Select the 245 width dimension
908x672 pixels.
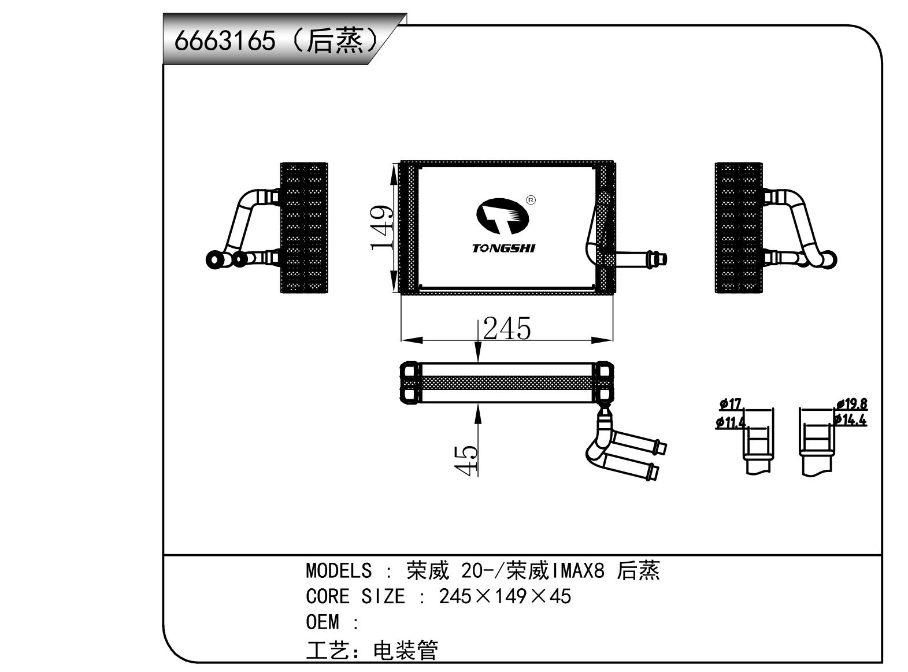click(507, 329)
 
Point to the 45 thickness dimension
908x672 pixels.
click(466, 460)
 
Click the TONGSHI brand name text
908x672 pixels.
click(503, 248)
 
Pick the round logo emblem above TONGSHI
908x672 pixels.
click(502, 216)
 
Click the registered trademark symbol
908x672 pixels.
click(531, 201)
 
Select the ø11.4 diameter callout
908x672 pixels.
click(731, 422)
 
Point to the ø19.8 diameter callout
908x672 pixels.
click(851, 404)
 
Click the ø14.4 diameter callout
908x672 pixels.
click(850, 420)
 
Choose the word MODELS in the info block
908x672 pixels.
click(339, 571)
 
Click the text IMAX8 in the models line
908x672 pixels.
click(579, 571)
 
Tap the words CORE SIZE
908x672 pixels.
click(355, 596)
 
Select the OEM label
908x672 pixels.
click(322, 622)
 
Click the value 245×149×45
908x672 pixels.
click(505, 596)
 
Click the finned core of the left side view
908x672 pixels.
click(304, 228)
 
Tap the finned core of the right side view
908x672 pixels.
click(738, 228)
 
